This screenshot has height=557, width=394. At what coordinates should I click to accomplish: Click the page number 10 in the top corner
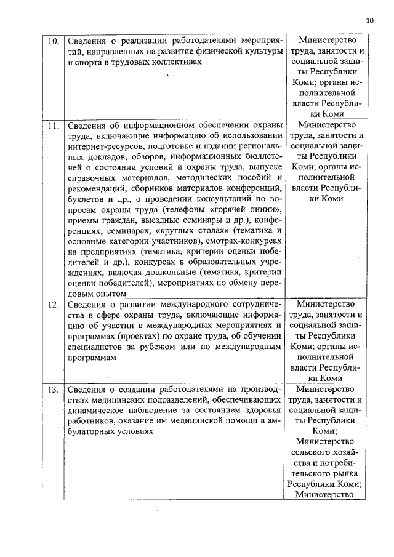pyautogui.click(x=369, y=20)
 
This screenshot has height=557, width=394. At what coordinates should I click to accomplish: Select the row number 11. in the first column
pyautogui.click(x=54, y=125)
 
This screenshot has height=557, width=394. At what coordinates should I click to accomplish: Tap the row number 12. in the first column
pyautogui.click(x=54, y=304)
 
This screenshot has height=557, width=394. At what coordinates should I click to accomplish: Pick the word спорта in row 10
pyautogui.click(x=90, y=63)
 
